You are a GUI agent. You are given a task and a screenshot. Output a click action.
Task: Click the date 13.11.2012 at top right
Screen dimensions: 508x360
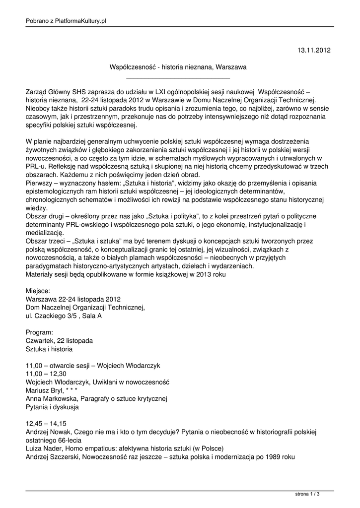point(313,50)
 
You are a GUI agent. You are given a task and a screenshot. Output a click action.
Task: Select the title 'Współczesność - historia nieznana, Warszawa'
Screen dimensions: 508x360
point(178,66)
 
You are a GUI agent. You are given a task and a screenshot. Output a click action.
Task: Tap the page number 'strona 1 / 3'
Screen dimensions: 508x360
point(307,495)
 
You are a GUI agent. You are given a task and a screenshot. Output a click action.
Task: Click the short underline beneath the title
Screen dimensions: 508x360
point(178,78)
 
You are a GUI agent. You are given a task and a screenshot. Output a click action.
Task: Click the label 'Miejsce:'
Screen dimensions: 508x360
point(38,290)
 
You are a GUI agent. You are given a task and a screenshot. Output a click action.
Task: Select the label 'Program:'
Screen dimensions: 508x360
point(39,332)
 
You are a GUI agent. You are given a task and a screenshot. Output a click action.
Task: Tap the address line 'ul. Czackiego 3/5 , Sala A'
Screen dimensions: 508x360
point(64,316)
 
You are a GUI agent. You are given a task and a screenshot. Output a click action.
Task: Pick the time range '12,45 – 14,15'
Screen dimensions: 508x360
point(46,424)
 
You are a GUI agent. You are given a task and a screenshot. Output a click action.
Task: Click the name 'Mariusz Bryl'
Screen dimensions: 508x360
point(44,390)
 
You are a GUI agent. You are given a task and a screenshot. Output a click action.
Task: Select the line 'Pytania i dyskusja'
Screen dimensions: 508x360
point(52,407)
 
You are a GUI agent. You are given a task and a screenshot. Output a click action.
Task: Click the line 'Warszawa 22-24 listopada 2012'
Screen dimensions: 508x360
point(73,299)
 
